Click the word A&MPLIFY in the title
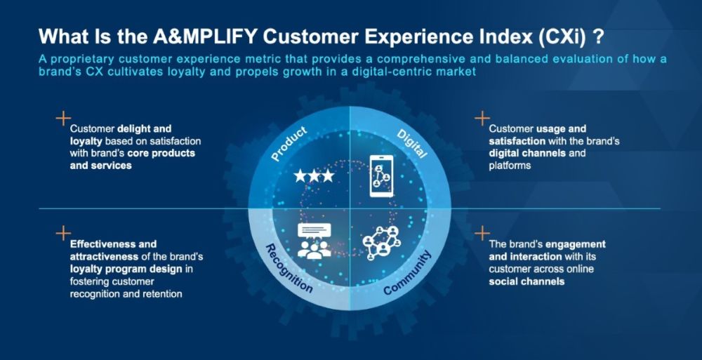206,37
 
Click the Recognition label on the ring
289,269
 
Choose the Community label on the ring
408,273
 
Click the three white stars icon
314,175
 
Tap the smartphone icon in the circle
382,176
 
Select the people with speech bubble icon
314,241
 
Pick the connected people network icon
381,242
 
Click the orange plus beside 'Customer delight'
63,119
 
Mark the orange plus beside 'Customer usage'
482,119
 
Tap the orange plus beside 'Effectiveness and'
63,233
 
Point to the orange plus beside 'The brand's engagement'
482,233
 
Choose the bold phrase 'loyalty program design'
126,269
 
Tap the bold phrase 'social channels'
526,281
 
